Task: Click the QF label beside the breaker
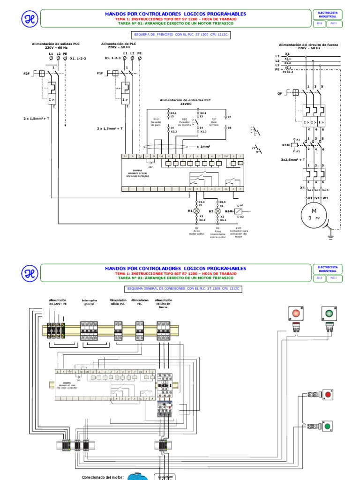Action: (280, 94)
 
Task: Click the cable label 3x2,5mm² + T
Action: (293, 159)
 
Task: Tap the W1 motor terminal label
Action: (326, 198)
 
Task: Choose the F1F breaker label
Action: (100, 74)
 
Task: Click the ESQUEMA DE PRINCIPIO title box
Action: (181, 34)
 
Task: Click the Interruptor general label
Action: (89, 302)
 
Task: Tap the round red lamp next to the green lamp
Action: (296, 312)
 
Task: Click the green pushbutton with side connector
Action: (327, 427)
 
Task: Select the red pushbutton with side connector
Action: (327, 395)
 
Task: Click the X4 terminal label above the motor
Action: (302, 187)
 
